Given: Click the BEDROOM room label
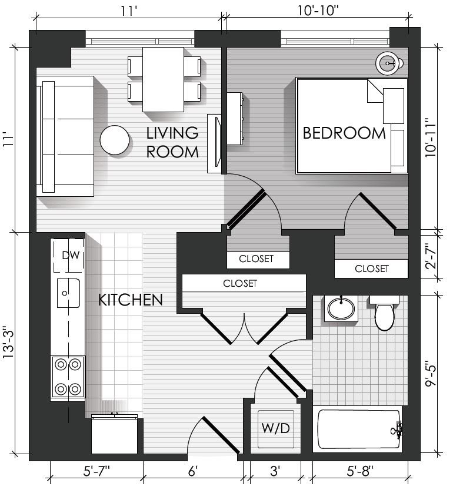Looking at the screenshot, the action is [344, 133].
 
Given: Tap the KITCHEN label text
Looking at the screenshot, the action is [130, 300].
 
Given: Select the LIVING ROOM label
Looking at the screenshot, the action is [172, 142].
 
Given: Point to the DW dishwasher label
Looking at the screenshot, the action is [71, 255].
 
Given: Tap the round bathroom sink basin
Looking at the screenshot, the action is [341, 308].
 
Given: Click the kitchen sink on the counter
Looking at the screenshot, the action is [68, 293].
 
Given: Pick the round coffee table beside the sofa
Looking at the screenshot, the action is [115, 140].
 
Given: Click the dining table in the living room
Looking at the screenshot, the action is [163, 79].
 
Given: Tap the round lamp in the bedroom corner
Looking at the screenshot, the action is [388, 63].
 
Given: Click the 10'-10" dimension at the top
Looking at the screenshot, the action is [318, 11].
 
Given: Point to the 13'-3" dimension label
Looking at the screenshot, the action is [9, 342].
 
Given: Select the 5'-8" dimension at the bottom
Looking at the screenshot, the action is [360, 471].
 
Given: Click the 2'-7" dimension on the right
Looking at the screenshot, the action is [431, 256].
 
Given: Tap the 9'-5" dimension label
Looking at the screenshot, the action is [431, 374].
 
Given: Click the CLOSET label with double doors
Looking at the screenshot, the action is [240, 283].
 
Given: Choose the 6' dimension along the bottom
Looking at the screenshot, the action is [193, 471].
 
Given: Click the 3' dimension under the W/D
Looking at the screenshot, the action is [275, 471].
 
